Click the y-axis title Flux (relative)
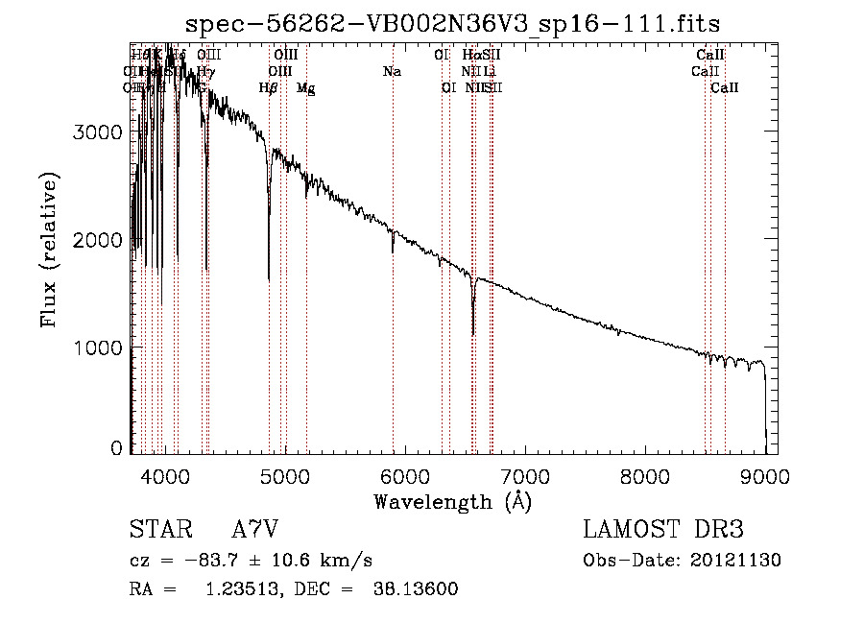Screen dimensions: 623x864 (49, 250)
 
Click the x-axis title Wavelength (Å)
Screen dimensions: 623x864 (453, 501)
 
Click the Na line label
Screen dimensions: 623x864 (392, 72)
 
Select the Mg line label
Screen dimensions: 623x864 (305, 88)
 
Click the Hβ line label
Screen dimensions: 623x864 (269, 88)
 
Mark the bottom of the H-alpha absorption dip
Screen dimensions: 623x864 (473, 334)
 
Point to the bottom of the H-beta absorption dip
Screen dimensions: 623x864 (269, 279)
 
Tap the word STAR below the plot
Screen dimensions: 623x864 (159, 531)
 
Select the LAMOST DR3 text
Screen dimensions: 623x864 (663, 531)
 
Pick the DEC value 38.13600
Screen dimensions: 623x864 (415, 589)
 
